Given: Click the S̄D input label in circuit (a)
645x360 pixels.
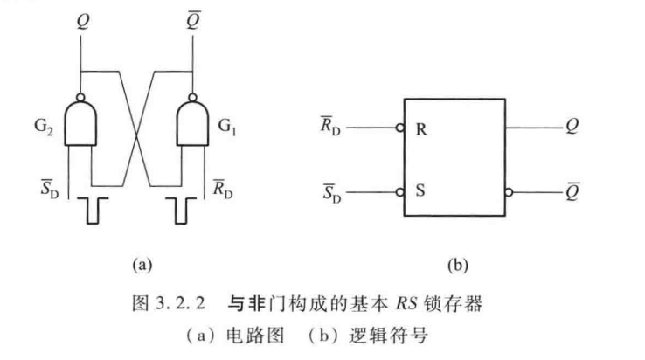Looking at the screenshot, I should (48, 187).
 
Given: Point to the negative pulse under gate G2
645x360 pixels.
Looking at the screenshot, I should (90, 211).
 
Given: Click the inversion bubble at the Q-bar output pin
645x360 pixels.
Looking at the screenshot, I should (508, 190).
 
